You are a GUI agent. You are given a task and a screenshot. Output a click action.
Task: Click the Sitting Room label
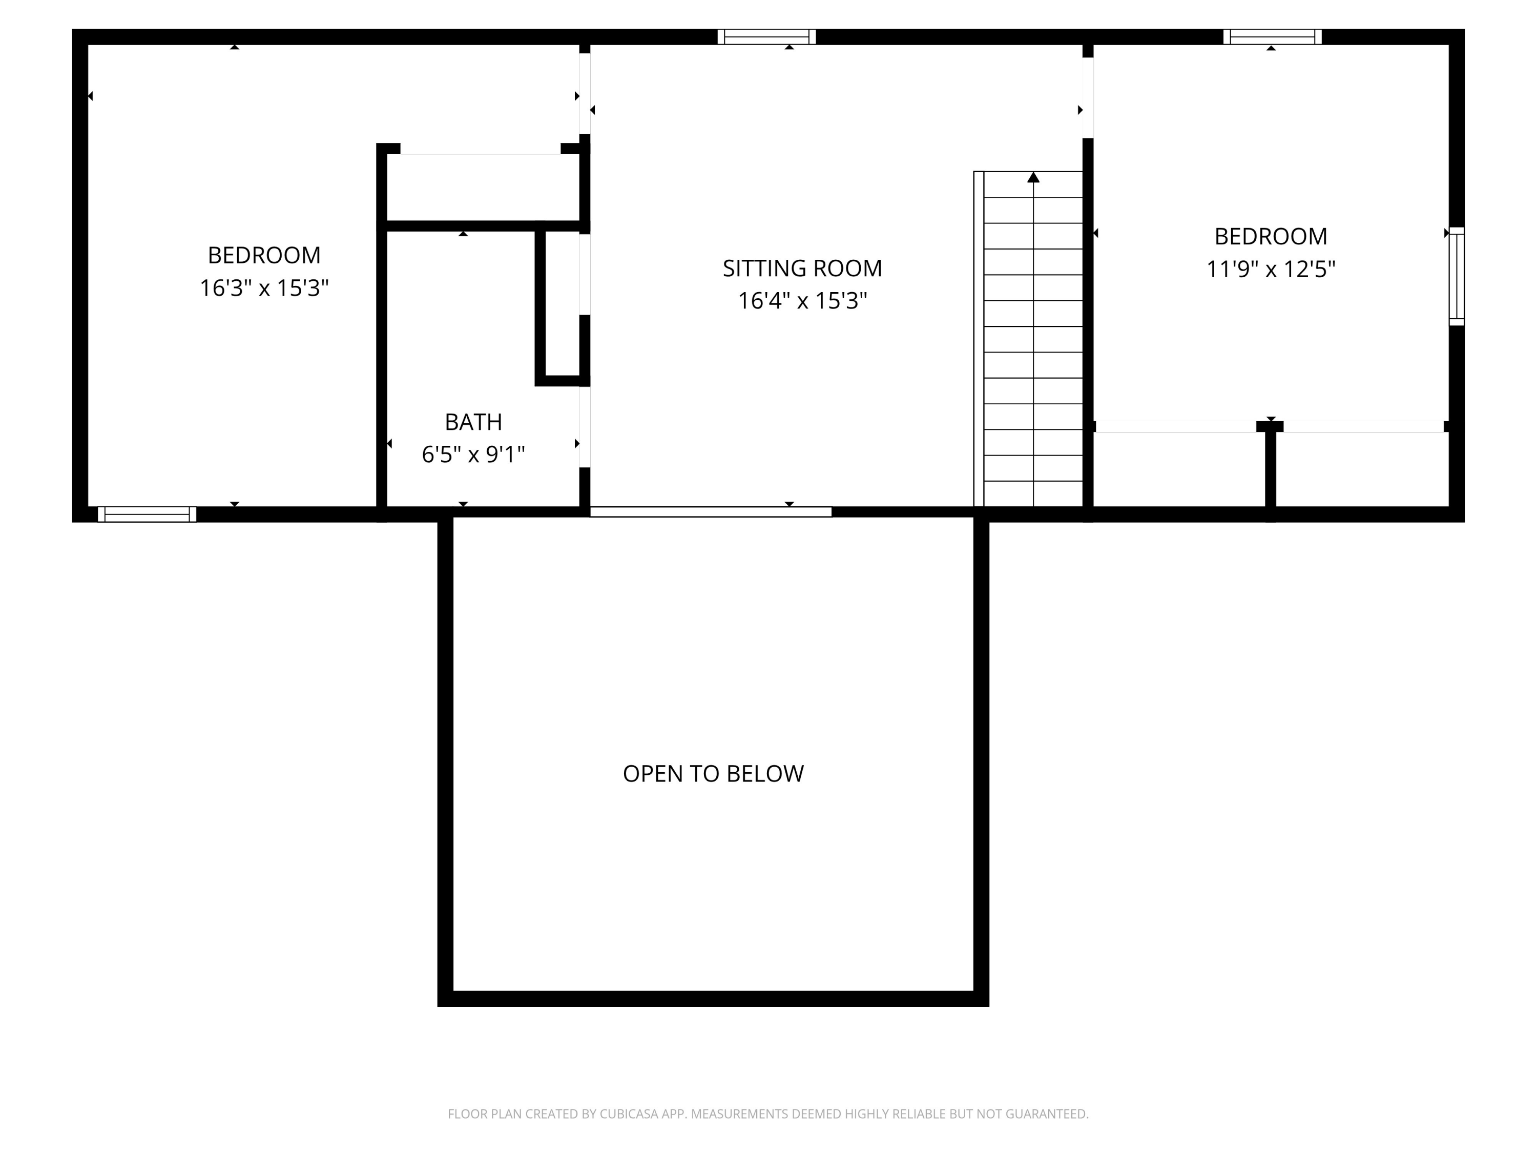(802, 269)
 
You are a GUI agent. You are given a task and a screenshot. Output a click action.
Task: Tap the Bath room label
(473, 422)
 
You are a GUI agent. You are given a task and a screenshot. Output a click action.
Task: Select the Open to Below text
(713, 773)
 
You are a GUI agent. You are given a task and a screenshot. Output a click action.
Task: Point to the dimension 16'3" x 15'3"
(264, 287)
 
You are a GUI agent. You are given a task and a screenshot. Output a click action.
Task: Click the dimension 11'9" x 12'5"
(1270, 269)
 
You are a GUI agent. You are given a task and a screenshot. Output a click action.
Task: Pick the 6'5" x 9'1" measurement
(473, 455)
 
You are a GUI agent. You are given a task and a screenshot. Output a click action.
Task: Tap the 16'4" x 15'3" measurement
(802, 301)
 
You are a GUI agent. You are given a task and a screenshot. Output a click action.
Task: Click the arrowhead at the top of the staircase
(1033, 178)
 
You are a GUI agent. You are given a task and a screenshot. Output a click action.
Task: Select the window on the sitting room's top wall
(766, 37)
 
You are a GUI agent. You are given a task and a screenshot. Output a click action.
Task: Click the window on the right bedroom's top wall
(1272, 37)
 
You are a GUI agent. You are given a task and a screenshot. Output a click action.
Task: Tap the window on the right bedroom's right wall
(1457, 276)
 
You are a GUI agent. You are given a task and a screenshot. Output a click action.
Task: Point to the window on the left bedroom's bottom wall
(147, 514)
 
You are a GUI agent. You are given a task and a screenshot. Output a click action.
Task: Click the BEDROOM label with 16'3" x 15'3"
(264, 255)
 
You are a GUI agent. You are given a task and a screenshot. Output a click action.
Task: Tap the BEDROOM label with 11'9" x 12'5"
(1270, 236)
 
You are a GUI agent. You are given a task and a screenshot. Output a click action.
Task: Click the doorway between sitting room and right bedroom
(1088, 98)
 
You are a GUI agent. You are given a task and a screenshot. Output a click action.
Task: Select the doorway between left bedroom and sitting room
(585, 94)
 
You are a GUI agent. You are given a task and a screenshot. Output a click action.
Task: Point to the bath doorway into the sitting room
(585, 427)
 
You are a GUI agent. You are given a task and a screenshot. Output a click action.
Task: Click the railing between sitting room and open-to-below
(711, 512)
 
